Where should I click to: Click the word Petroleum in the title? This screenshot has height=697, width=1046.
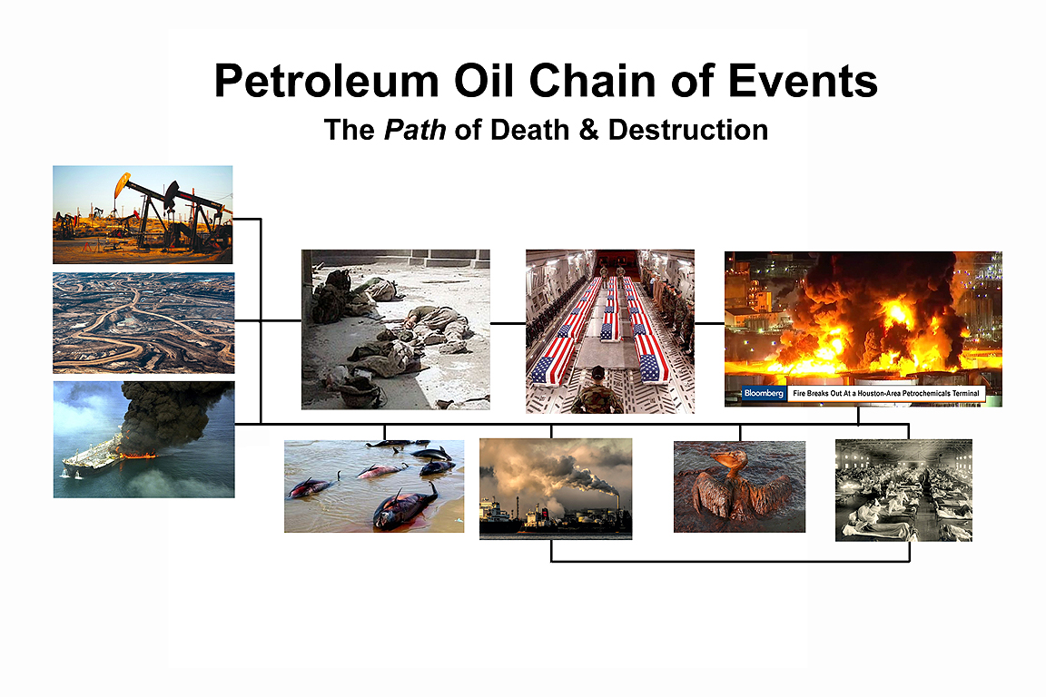(326, 83)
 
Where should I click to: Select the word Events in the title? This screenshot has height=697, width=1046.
(803, 82)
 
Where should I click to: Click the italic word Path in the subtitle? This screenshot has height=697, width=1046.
(415, 130)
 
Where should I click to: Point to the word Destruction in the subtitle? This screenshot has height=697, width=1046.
(687, 130)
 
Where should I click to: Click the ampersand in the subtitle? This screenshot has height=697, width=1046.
(589, 130)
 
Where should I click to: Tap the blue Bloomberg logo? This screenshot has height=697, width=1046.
(764, 394)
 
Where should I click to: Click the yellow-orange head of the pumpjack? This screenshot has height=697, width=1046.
(122, 184)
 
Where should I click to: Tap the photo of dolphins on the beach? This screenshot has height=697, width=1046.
(374, 486)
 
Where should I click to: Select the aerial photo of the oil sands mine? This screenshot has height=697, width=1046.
(143, 323)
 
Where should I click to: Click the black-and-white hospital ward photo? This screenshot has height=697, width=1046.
(904, 489)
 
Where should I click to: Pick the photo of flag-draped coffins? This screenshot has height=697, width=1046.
(610, 331)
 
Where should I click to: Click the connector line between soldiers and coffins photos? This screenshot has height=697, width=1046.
(508, 323)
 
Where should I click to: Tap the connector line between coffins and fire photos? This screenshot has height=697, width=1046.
(710, 323)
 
